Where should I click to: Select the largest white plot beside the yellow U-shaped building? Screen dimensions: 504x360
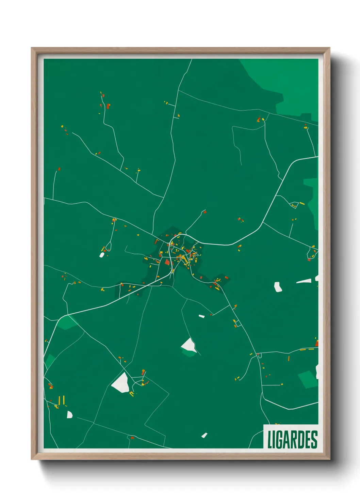[121, 383]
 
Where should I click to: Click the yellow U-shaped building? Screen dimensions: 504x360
[132, 394]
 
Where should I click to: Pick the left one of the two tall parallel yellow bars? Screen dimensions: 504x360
[59, 400]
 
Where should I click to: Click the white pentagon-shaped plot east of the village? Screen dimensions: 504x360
[278, 287]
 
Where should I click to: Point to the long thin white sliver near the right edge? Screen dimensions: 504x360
[304, 281]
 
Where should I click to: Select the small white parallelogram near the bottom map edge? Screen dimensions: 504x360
[204, 435]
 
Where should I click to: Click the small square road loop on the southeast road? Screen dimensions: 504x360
[238, 322]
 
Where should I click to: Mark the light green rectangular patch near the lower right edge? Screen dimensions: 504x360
[307, 379]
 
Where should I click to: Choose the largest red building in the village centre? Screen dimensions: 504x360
[167, 262]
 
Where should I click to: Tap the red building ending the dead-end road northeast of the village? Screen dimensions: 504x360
[205, 212]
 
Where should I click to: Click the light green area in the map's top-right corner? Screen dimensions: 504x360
[299, 85]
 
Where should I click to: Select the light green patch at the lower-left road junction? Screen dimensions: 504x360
[67, 322]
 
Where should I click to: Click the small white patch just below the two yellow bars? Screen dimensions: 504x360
[69, 414]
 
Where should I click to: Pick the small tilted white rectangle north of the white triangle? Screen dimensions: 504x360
[201, 316]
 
